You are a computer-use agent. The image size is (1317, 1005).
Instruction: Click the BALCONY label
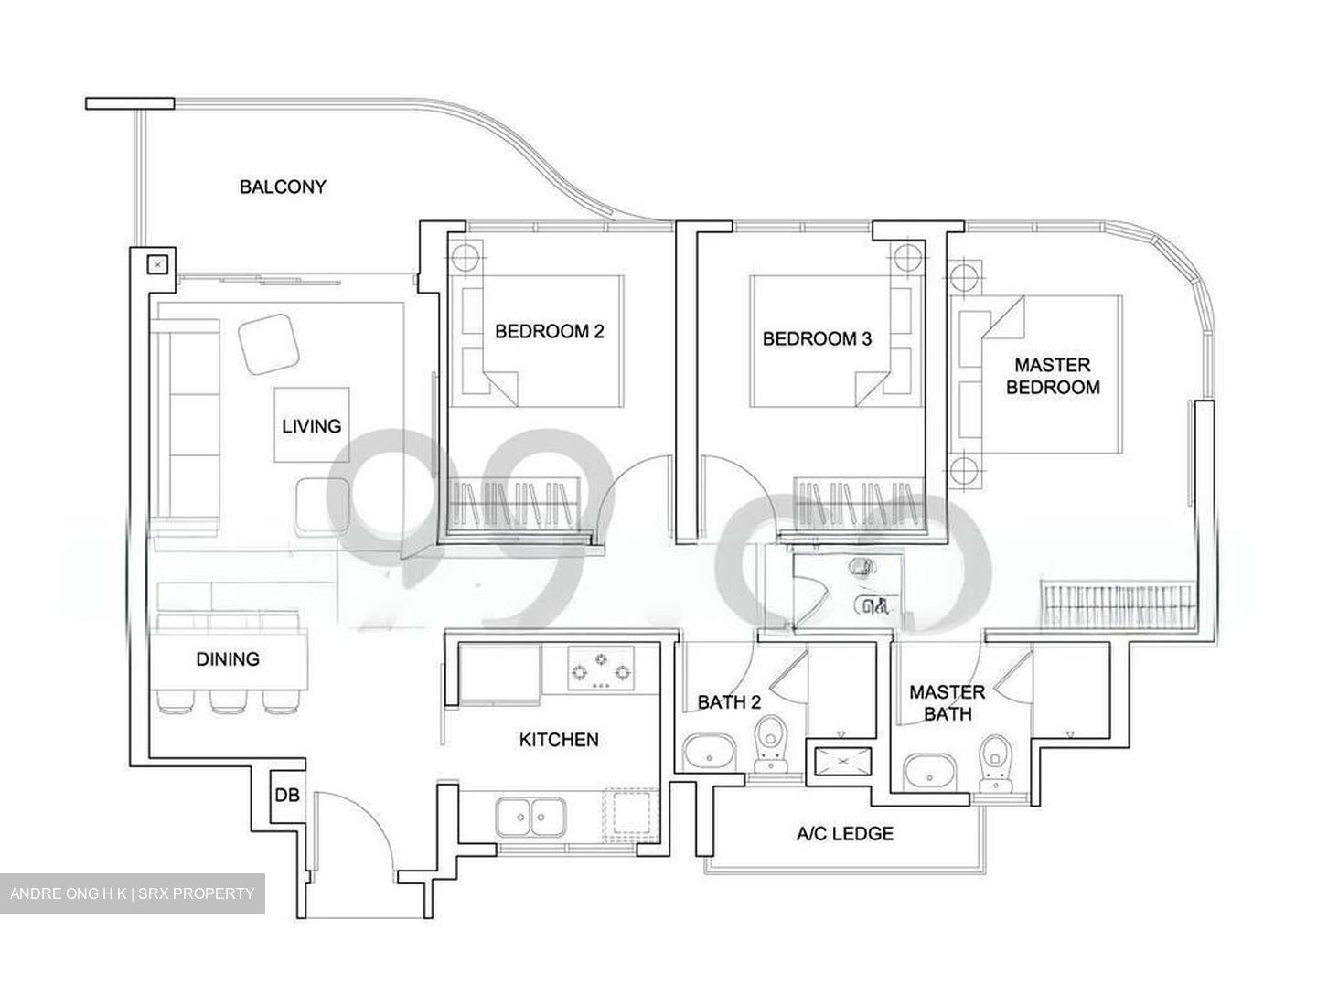(283, 187)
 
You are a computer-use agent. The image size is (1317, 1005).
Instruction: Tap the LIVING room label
(311, 425)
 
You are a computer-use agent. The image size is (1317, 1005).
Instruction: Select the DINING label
(228, 658)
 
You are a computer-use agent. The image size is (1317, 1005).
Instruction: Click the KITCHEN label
(559, 739)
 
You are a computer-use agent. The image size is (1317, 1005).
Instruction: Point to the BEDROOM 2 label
(549, 331)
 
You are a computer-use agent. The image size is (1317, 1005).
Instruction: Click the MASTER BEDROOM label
(1053, 376)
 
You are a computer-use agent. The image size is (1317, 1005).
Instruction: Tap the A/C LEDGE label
(844, 833)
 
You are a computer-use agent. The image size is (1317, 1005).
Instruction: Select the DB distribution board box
(286, 796)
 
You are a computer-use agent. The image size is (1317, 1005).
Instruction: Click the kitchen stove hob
(600, 669)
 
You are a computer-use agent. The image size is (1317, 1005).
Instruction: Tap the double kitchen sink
(531, 815)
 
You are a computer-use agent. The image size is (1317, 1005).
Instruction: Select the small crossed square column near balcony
(158, 264)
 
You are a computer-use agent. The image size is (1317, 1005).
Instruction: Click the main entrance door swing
(352, 837)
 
